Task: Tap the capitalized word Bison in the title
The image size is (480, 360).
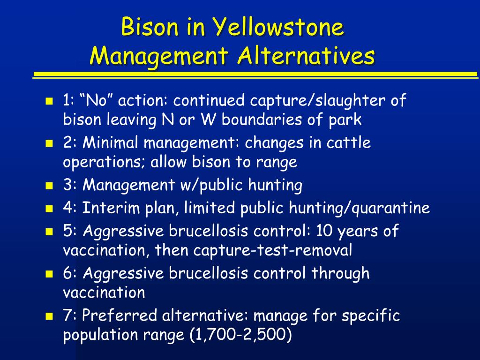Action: [x=150, y=27]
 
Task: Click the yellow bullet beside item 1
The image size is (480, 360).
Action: [x=49, y=101]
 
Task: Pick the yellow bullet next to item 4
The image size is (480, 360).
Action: [x=49, y=209]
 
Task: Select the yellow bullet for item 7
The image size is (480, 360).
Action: [x=49, y=316]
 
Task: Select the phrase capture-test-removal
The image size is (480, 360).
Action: [x=273, y=250]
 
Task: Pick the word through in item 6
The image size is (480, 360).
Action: [x=340, y=273]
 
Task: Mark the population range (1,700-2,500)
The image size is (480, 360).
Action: [x=240, y=335]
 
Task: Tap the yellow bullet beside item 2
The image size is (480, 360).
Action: [x=49, y=143]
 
